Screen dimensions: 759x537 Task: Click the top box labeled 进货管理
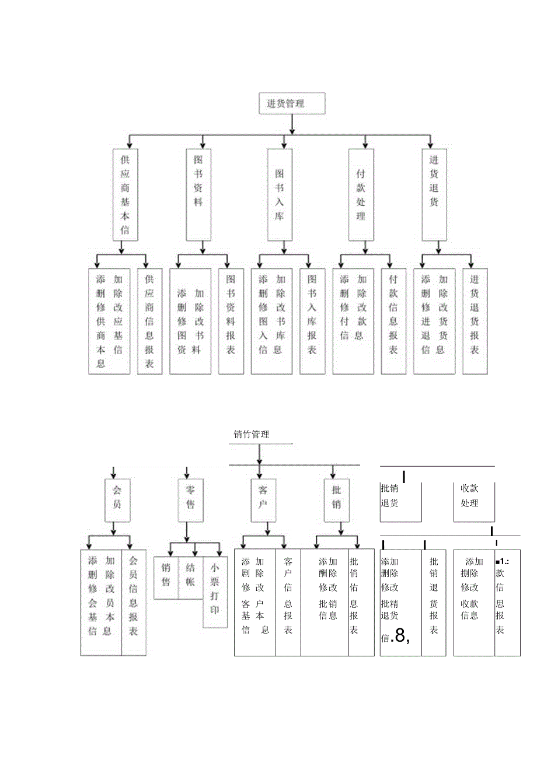pos(291,104)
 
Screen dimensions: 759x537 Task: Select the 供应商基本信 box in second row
pos(125,194)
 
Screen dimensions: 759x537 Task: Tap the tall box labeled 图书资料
pos(198,194)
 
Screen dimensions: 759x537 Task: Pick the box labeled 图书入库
pos(280,194)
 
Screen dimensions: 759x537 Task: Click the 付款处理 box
pos(360,194)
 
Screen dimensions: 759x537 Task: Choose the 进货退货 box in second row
pos(434,194)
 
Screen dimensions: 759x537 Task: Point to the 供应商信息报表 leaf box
pos(149,321)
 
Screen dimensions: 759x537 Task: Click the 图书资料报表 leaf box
pos(231,321)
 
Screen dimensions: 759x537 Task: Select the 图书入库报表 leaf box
pos(312,321)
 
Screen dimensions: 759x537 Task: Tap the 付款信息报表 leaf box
pos(393,321)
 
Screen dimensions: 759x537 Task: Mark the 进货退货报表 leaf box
pos(475,321)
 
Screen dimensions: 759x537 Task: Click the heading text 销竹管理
pos(252,434)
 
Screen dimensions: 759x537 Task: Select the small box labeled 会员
pos(117,500)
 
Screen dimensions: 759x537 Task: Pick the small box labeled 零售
pos(190,500)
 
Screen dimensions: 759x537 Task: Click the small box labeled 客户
pos(263,500)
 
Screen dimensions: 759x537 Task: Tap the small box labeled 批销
pos(336,500)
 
